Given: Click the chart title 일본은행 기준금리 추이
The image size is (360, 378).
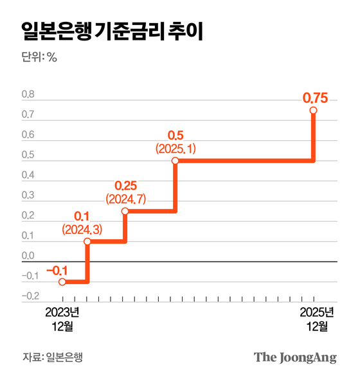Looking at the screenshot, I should [112, 30].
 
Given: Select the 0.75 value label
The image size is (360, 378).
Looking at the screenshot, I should [315, 98].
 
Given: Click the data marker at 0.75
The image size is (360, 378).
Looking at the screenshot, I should [314, 111].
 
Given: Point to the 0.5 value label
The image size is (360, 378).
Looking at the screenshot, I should [175, 136].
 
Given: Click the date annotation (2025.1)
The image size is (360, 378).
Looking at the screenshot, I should [175, 148].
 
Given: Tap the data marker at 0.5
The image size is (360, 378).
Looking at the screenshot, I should [175, 161].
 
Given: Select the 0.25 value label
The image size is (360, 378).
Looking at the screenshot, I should [127, 186].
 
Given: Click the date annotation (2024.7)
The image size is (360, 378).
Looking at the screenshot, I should [127, 199].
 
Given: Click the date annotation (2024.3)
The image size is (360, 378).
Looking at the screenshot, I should [82, 228].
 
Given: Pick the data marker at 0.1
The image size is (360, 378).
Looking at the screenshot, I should [87, 242].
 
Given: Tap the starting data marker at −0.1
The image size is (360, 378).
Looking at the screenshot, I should [62, 282].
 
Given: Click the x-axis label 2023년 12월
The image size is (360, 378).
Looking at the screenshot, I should [62, 319].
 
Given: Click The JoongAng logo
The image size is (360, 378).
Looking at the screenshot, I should [294, 357].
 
